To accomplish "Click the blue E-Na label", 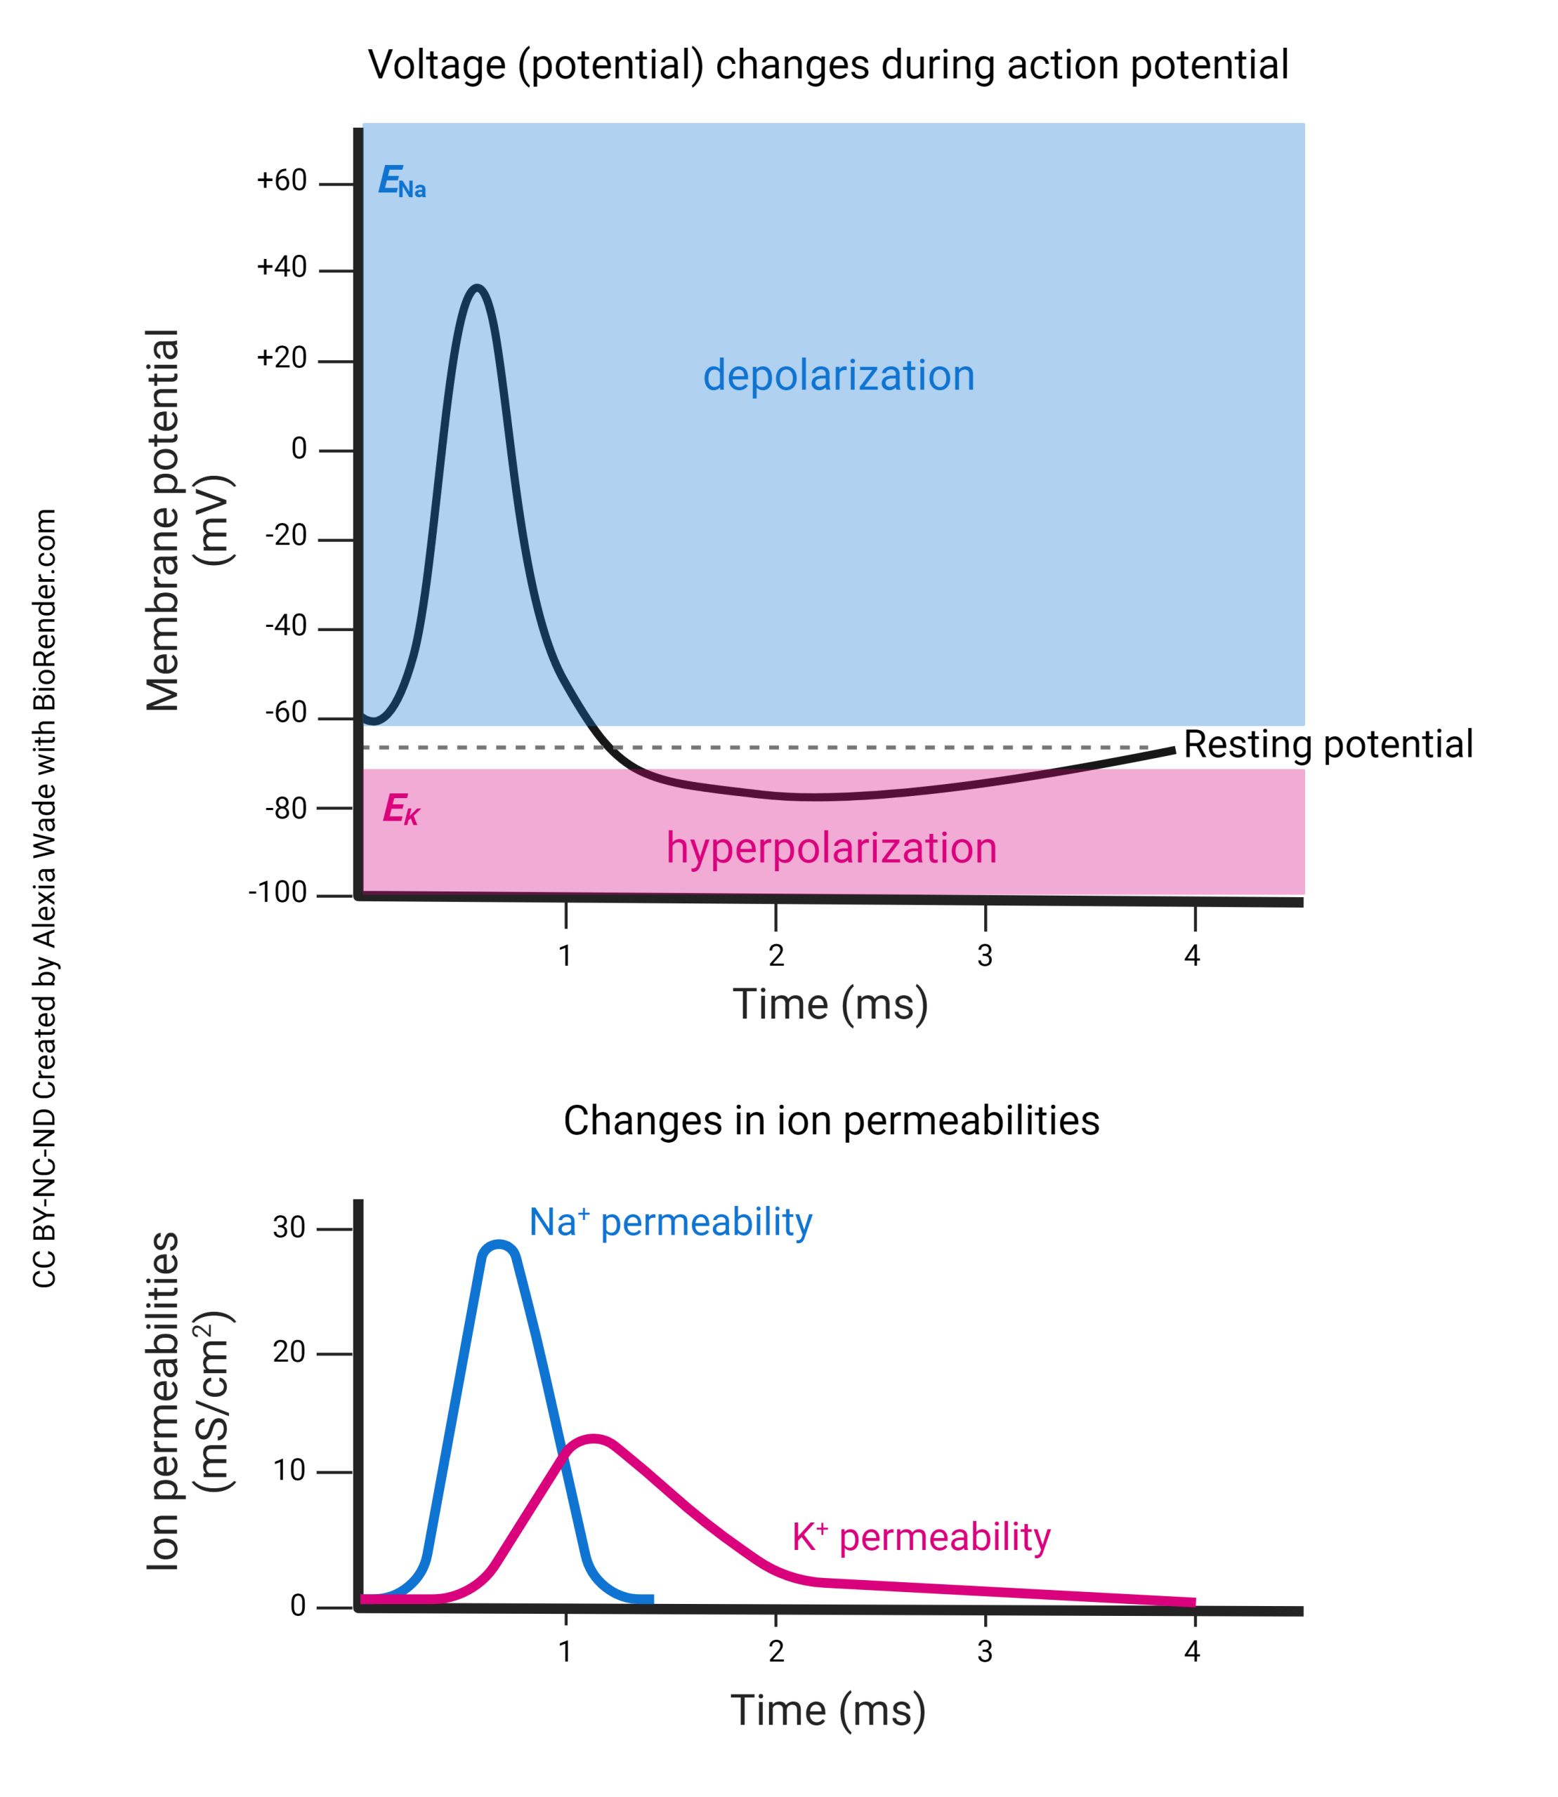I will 402,182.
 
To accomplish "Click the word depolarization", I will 838,376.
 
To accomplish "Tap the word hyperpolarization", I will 830,847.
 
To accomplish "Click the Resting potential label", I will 1328,745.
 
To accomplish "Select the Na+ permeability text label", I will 670,1223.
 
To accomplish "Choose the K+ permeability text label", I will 921,1537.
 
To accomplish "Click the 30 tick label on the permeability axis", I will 289,1227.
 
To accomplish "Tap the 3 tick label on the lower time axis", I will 984,1651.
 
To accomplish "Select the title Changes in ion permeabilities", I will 830,1121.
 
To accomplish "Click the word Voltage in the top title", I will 436,65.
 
